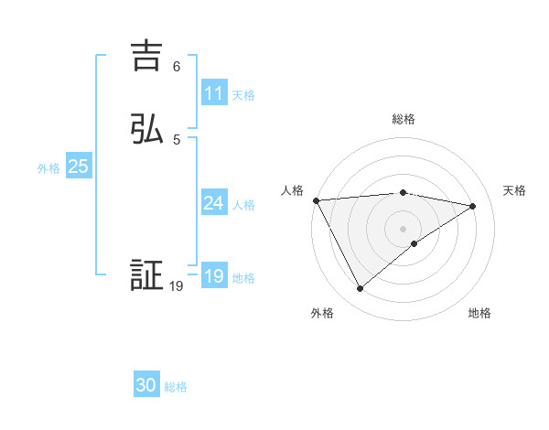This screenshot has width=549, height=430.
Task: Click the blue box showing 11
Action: coord(213,93)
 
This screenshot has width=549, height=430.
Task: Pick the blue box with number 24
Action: coord(213,203)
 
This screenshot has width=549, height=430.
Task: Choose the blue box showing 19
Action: coord(213,276)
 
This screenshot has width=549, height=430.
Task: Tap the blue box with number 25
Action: coord(78,167)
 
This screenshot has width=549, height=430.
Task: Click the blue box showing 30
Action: coord(146,385)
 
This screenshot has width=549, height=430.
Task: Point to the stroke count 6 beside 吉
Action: coord(177,67)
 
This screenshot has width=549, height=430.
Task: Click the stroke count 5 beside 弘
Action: coord(177,139)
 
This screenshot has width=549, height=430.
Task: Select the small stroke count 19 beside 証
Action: coord(177,286)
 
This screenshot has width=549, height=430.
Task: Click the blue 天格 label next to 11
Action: coord(243,94)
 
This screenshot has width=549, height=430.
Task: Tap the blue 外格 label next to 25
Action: coord(48,167)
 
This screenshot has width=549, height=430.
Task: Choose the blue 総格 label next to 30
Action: coord(176,387)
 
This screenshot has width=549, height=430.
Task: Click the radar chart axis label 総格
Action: coord(404,119)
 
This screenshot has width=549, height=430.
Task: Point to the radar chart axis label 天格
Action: coord(514,190)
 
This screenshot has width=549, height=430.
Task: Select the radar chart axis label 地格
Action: coord(479,313)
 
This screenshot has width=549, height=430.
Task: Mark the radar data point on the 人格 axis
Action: coord(316,200)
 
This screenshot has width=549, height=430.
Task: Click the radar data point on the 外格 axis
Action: coord(360,289)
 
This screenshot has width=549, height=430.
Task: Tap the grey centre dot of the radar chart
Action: coord(403,228)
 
